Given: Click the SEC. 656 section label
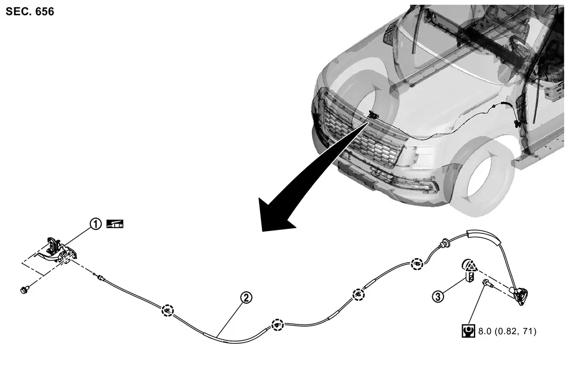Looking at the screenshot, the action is (30, 12).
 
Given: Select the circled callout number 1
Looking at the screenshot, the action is (95, 224).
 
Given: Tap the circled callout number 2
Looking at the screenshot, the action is (246, 298).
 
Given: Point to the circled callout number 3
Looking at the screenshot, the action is (438, 296).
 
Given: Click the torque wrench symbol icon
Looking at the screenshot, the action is (468, 331).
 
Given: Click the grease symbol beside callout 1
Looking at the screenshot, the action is (115, 224).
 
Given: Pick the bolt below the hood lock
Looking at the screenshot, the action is (25, 290).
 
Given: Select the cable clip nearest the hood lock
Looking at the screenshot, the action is (167, 311).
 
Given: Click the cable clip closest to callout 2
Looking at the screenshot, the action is (277, 325).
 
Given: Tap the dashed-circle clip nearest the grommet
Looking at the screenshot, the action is (417, 264).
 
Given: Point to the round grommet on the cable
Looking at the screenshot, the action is (444, 243).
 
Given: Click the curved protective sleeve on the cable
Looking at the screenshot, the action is (484, 236).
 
